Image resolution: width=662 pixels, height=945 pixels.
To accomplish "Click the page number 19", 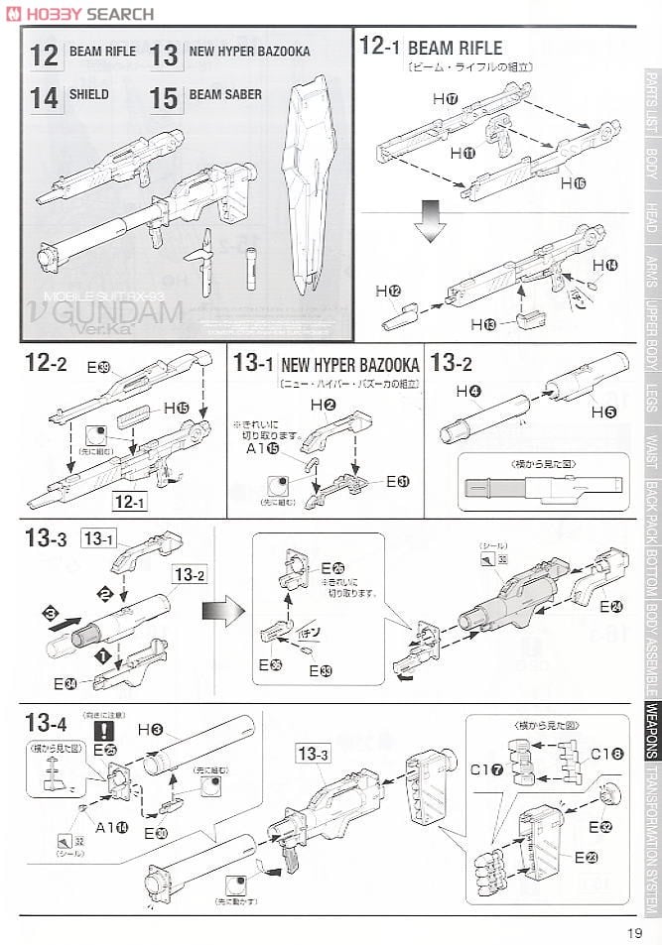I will (x=635, y=930).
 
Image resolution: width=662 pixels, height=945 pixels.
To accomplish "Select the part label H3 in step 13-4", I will (x=150, y=729).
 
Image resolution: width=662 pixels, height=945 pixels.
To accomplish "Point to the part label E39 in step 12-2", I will (x=97, y=367).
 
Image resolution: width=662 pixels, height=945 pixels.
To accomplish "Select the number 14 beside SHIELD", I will (x=44, y=98).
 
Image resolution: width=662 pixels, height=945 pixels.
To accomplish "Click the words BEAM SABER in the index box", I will (x=225, y=94).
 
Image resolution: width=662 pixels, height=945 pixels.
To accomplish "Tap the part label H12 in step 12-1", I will (x=388, y=291).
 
